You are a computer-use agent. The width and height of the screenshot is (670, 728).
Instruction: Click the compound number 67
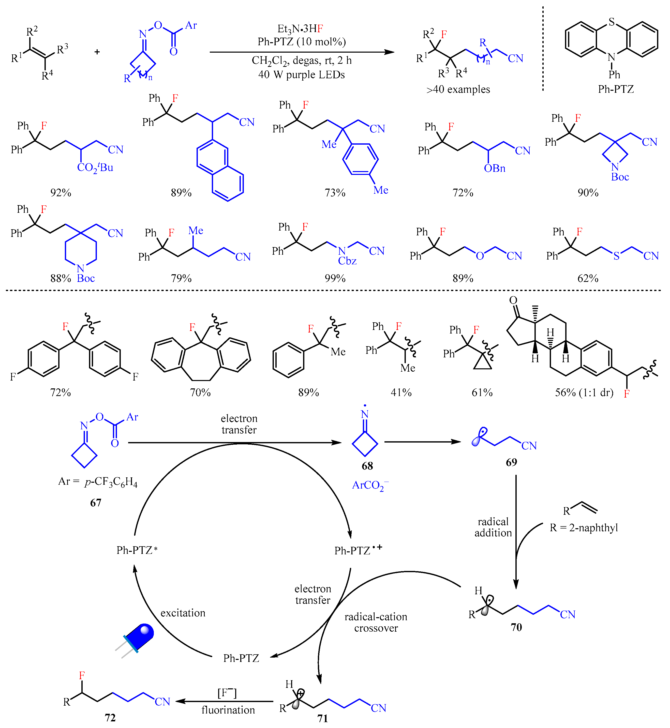(x=96, y=503)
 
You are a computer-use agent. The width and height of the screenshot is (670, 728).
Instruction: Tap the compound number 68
(x=367, y=466)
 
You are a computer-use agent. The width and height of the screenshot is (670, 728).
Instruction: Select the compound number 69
(x=511, y=462)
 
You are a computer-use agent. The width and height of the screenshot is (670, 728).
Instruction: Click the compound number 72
(x=110, y=718)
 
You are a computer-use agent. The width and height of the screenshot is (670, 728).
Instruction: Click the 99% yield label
(x=335, y=278)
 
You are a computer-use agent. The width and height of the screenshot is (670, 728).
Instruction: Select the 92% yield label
(x=61, y=192)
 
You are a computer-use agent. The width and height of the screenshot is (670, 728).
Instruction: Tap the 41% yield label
(x=401, y=392)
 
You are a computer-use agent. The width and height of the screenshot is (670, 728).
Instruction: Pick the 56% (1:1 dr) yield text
(x=584, y=392)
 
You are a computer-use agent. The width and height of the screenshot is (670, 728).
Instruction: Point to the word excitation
(x=183, y=613)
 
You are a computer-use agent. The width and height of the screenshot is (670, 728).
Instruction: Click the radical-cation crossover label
(x=376, y=622)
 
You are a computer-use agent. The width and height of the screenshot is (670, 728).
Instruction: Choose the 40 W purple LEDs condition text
(x=301, y=75)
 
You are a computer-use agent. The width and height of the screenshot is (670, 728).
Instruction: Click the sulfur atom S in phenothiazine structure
(x=612, y=22)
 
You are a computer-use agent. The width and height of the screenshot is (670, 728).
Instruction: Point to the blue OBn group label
(x=495, y=168)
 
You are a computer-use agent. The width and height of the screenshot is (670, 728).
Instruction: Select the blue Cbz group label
(x=347, y=261)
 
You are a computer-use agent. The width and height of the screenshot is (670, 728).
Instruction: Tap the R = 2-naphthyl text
(x=584, y=528)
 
